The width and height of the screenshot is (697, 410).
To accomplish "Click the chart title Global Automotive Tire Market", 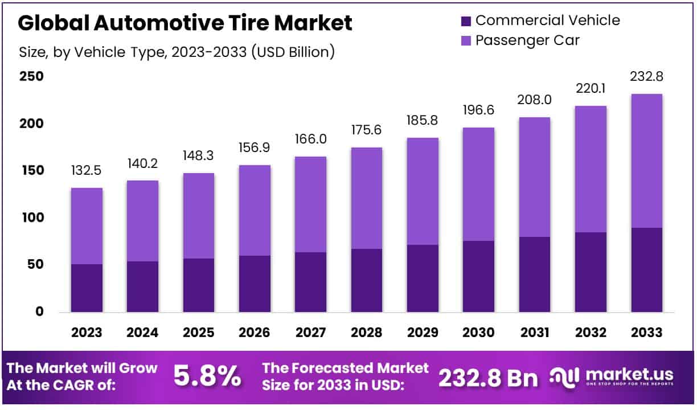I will pos(186,23).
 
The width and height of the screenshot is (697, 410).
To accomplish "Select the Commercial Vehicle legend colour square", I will pos(465,21).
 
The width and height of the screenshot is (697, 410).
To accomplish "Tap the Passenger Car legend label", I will pos(527,40).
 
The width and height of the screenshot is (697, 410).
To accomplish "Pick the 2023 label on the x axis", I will pos(87,333).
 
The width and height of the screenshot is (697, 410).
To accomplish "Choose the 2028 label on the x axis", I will pos(366,333).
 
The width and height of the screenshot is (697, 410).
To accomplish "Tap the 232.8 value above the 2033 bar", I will pos(646,77).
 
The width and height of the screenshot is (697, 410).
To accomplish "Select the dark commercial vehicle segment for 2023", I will pos(87,288).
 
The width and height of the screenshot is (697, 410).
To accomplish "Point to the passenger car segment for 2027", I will pos(310,204).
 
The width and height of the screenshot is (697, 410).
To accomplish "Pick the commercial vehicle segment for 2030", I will pos(478,276).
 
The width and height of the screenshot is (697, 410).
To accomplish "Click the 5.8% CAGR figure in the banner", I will pos(207,376).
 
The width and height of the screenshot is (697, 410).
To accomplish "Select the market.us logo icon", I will pos(566,376).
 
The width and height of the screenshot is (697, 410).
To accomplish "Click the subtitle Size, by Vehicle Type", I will pos(177,52).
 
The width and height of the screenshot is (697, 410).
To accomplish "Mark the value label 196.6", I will pos(478,111).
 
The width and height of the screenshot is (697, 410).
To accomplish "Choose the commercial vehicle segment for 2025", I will pos(199,285).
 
